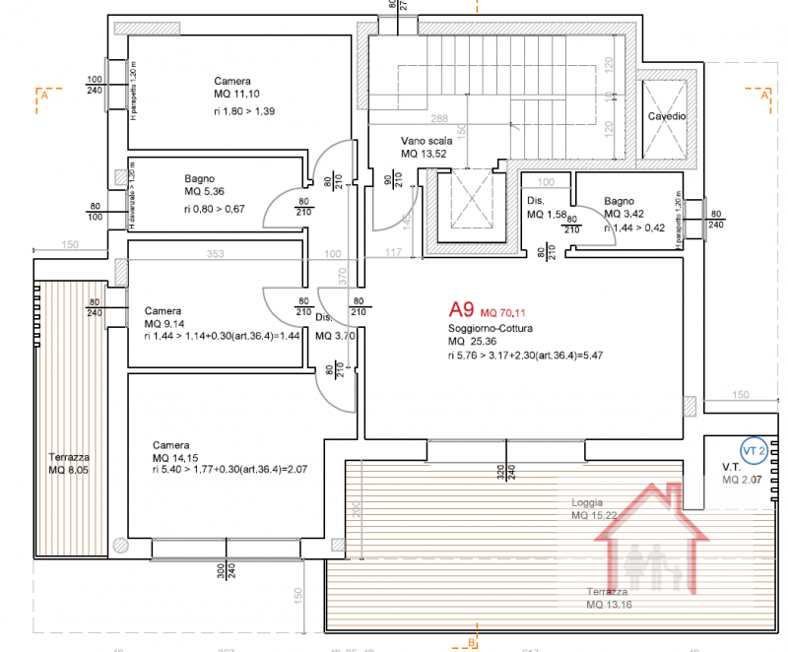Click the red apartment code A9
click(x=461, y=308)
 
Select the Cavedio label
click(x=667, y=116)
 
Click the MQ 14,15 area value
click(x=173, y=458)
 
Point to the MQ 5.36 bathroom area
click(x=205, y=192)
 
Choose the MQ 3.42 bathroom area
click(x=624, y=214)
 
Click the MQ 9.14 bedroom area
click(x=165, y=323)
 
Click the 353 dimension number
click(x=215, y=254)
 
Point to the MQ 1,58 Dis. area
click(x=548, y=214)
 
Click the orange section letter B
click(x=472, y=643)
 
